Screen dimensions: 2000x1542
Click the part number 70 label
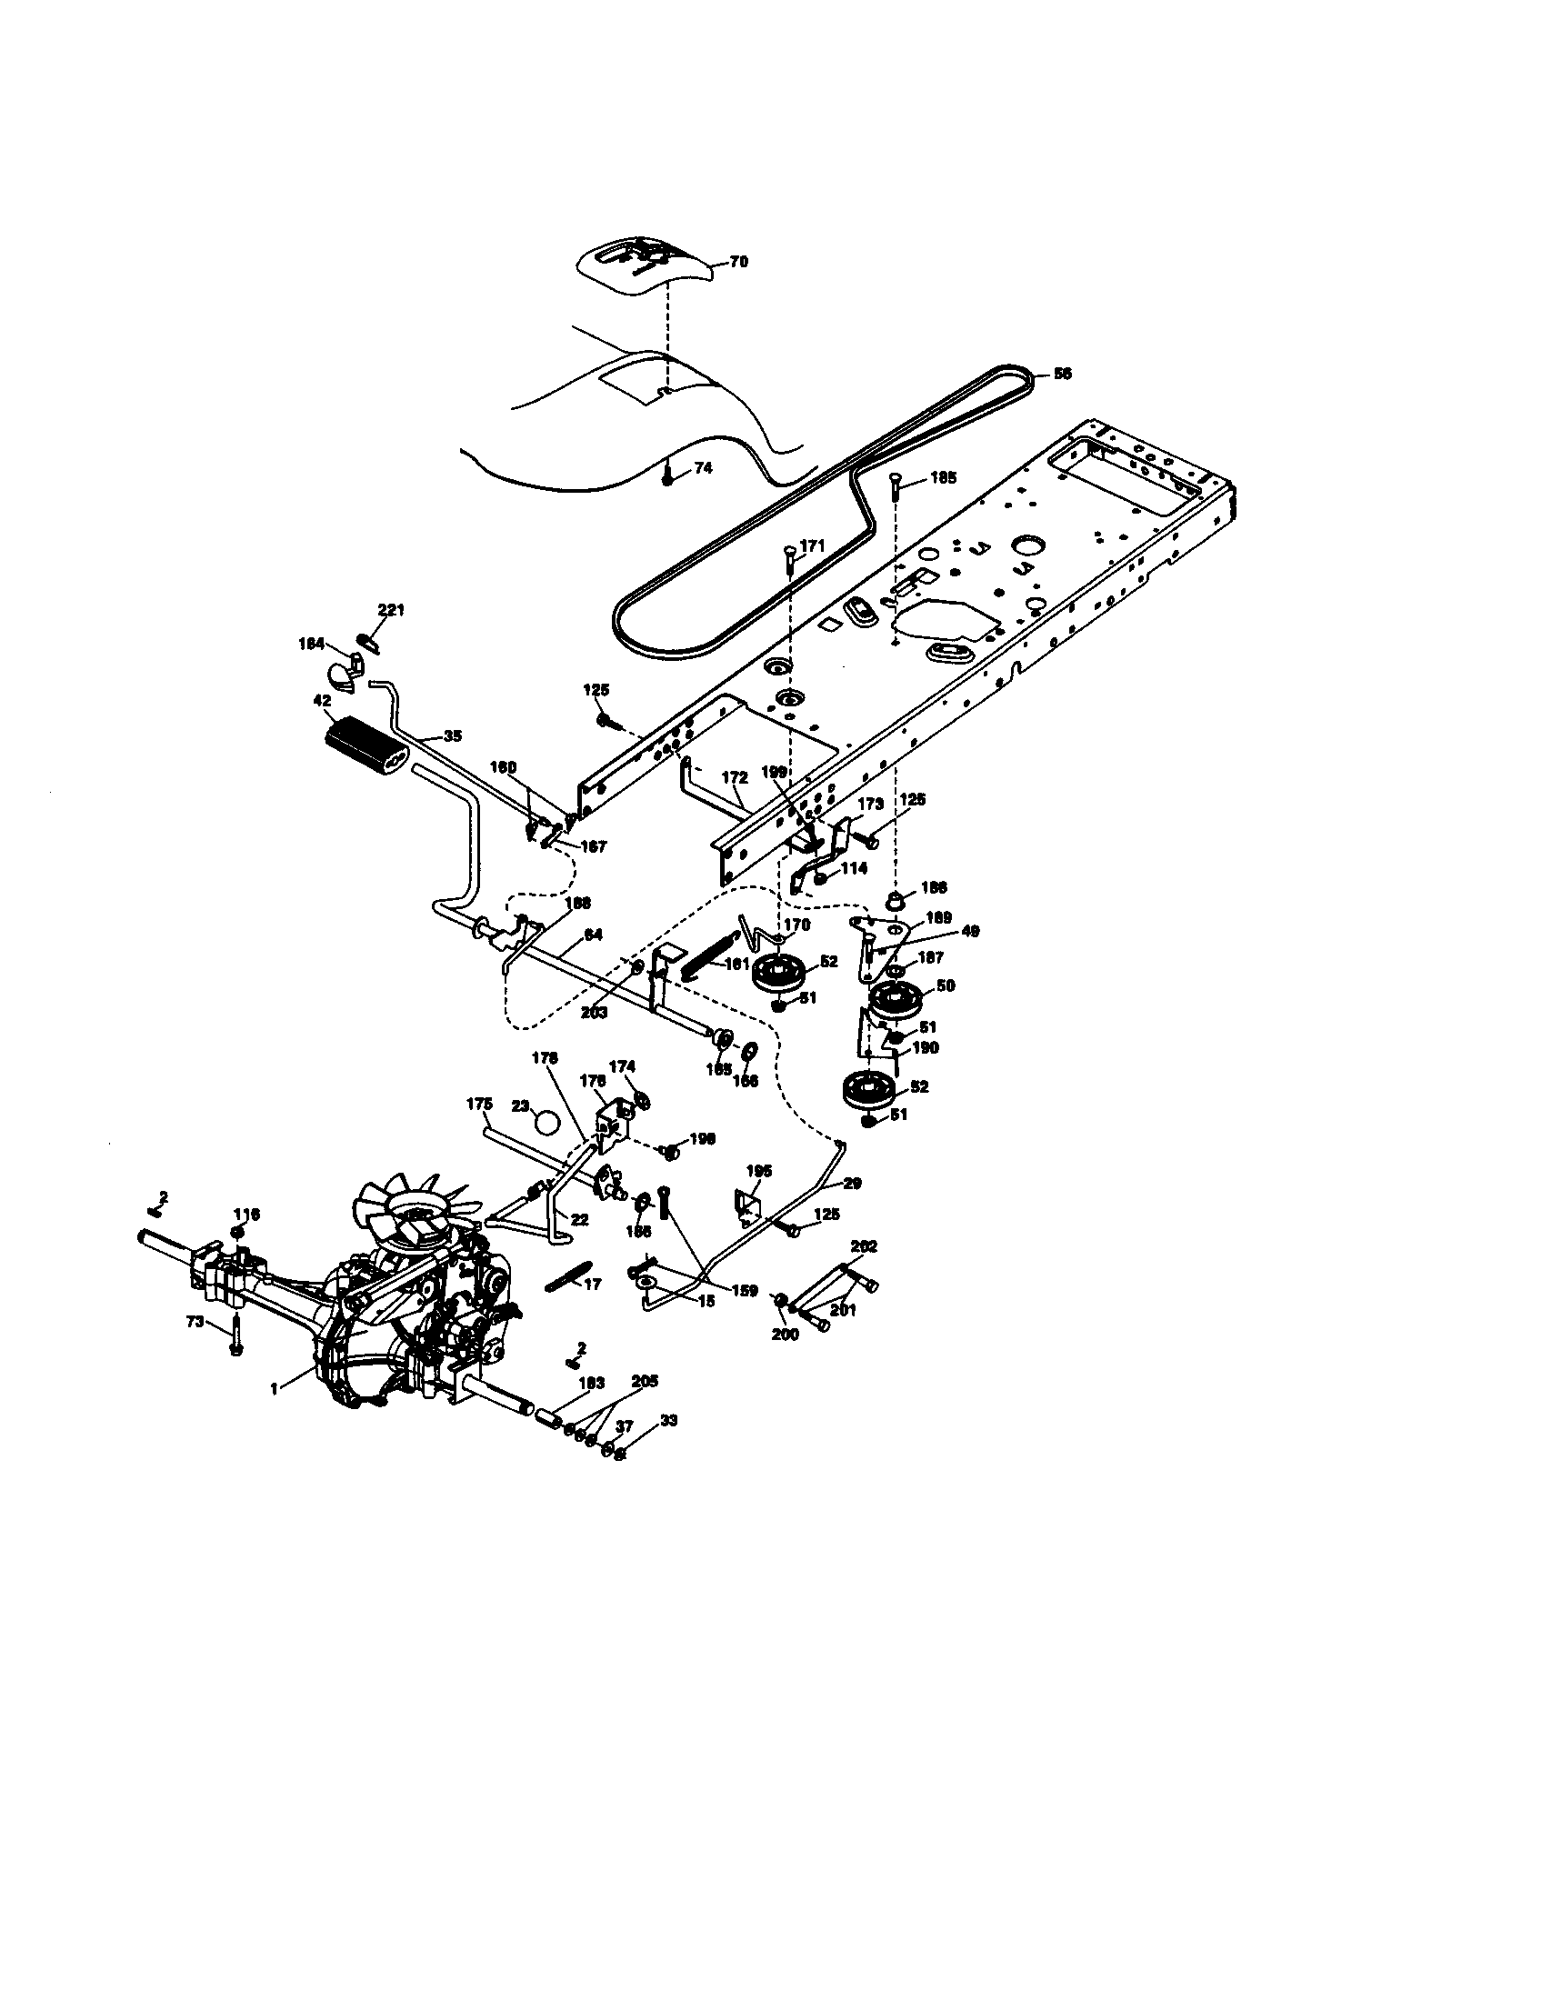(739, 262)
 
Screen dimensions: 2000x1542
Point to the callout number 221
(391, 610)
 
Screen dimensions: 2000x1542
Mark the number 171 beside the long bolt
(812, 545)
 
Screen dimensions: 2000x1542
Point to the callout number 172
(735, 777)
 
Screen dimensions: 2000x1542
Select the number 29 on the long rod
(852, 1183)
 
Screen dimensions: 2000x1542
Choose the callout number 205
(645, 1381)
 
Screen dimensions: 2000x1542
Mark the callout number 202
(864, 1246)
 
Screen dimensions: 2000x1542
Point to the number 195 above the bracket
(759, 1170)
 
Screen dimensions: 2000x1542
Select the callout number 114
(854, 868)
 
